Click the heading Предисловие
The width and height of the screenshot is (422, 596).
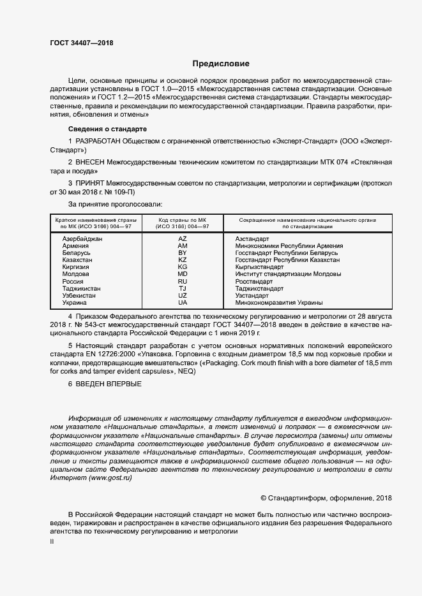coord(221,64)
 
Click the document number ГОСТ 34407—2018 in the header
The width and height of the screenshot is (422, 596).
coord(82,43)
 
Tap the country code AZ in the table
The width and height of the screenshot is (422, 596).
coord(183,238)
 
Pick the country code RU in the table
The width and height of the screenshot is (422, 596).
coord(183,281)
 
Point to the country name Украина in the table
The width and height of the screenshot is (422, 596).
coord(75,303)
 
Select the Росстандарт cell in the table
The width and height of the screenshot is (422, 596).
coord(253,281)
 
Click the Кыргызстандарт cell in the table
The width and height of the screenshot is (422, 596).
coord(259,267)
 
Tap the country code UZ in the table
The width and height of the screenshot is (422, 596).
coord(183,296)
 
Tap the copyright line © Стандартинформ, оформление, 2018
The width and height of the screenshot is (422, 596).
coord(318,497)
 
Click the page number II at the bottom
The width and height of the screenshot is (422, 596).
coord(52,541)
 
